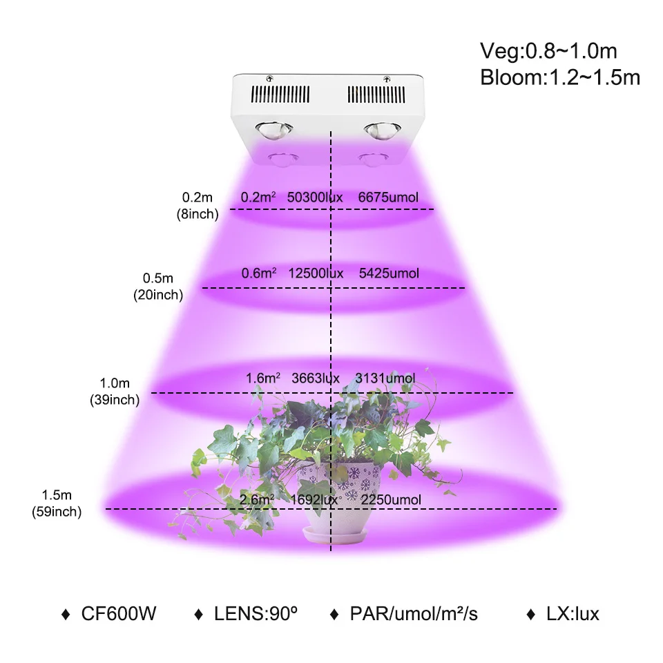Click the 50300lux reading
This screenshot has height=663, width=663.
coord(315,198)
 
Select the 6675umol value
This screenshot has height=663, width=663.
coord(389,198)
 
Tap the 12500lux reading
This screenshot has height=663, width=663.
coord(316,273)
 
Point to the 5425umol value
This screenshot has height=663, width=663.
coord(390,273)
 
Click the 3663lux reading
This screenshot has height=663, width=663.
coord(316,378)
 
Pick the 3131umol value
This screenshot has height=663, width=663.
coord(385,378)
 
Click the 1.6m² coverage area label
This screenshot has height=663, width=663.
coord(263,378)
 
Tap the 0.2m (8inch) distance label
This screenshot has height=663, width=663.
coord(198,205)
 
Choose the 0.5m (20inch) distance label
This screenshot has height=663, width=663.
coord(158,286)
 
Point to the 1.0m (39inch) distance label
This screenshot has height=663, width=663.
coord(115,391)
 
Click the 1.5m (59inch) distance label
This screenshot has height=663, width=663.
coord(57,503)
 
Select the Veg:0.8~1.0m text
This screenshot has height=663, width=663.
coord(548,51)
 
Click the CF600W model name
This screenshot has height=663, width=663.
coord(118,613)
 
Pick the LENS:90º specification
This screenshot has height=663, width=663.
coord(259,613)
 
